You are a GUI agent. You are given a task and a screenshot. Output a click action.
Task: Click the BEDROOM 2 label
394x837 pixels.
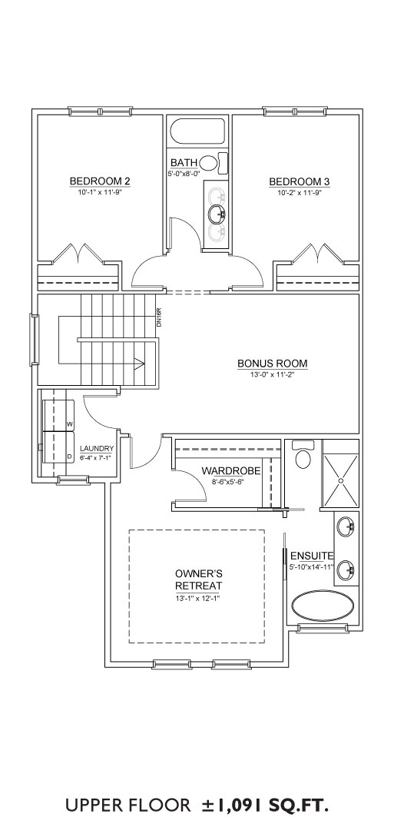(100, 181)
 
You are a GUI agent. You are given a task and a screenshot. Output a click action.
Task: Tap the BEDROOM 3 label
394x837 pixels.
(299, 181)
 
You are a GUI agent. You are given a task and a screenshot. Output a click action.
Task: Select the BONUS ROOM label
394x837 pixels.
(273, 364)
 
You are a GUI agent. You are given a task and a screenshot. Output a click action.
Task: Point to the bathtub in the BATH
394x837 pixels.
(198, 131)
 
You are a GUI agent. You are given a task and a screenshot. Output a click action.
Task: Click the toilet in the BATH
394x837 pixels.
(214, 161)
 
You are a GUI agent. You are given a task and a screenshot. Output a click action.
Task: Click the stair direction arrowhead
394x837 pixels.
(139, 365)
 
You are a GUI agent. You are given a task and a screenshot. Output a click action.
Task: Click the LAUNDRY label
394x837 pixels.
(97, 449)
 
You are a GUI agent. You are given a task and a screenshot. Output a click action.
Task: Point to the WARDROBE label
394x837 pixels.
(231, 471)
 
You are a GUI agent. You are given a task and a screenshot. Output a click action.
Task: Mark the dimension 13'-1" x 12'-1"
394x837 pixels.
(199, 599)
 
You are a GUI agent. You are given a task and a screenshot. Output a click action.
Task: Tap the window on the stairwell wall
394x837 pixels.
(34, 340)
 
